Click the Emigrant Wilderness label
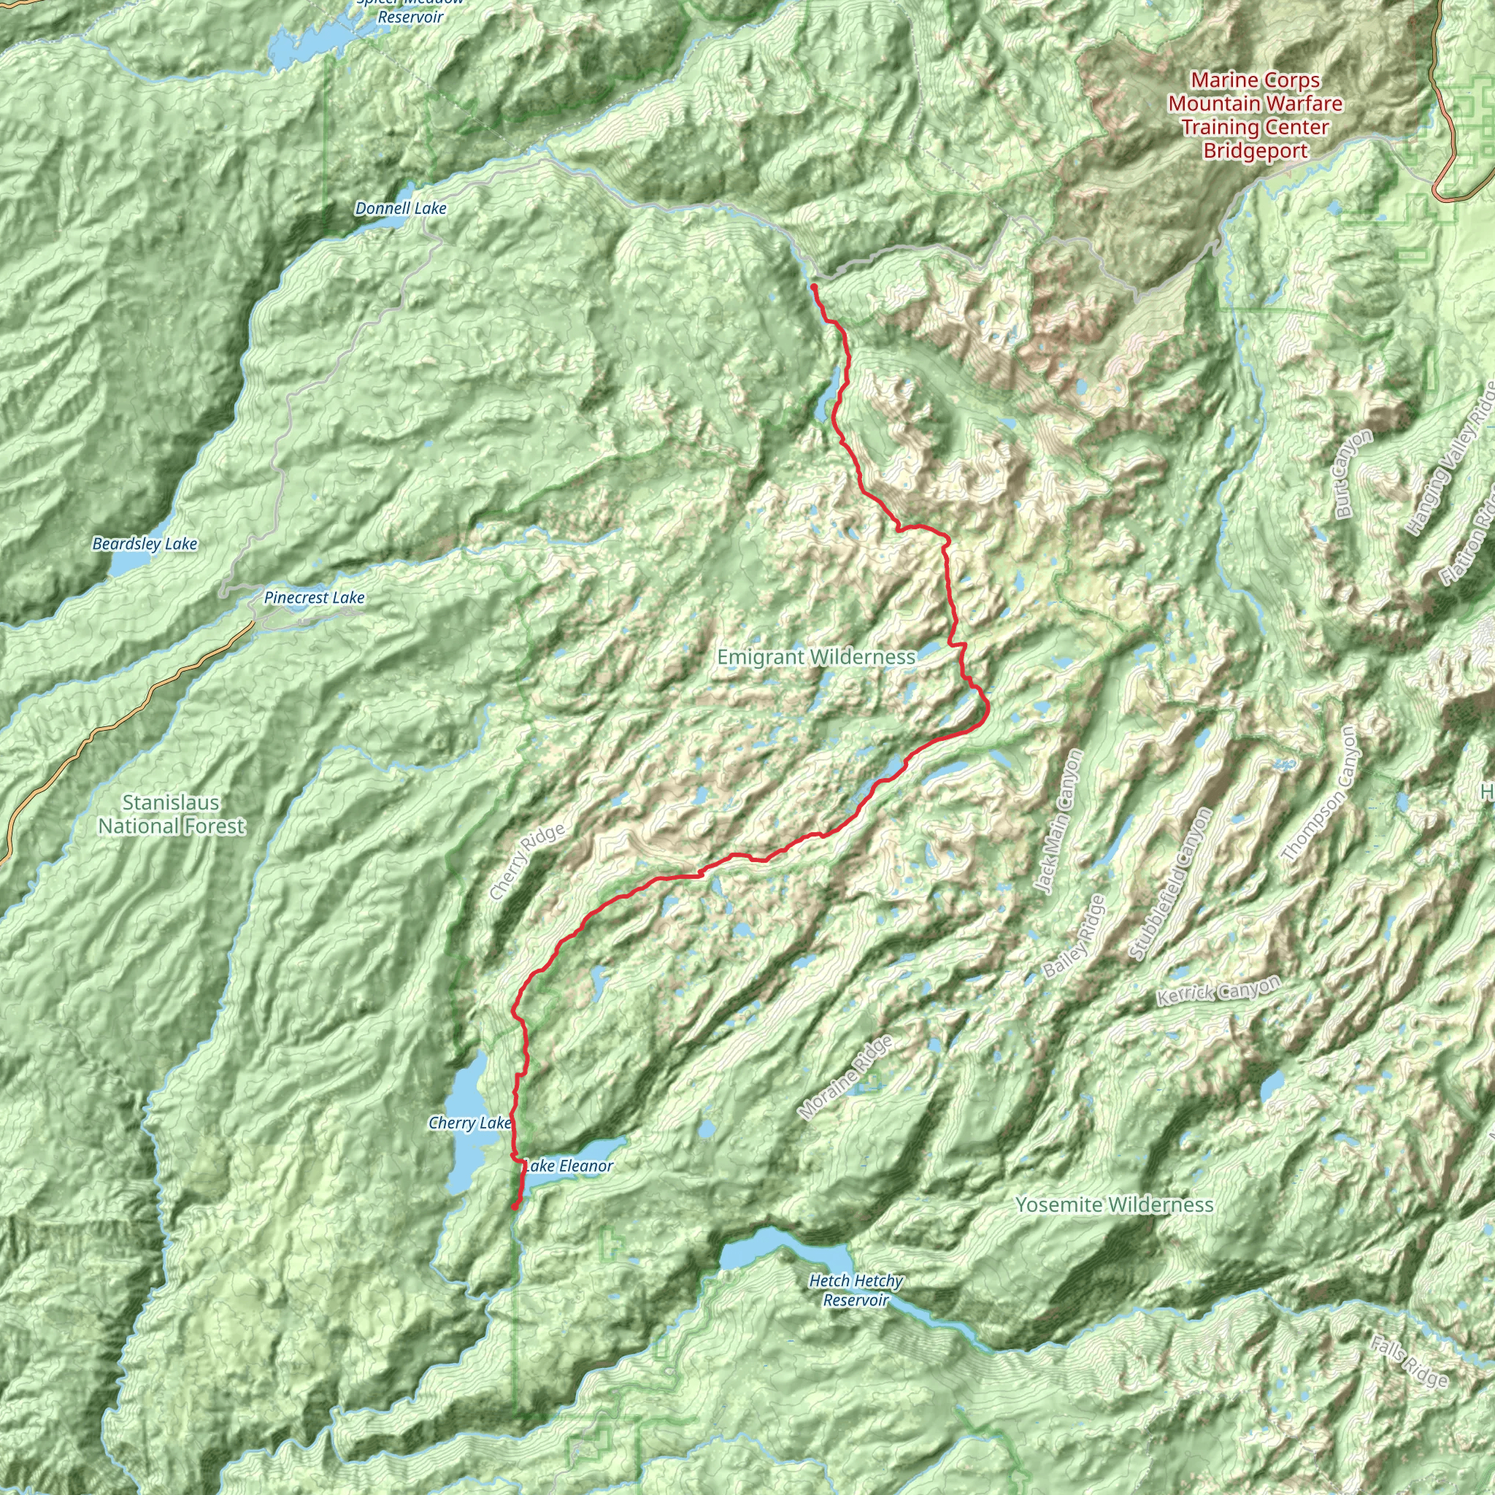click(816, 657)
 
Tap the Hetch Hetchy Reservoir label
click(856, 1290)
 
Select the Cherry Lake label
click(469, 1122)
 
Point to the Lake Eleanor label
click(569, 1165)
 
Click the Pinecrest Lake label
click(313, 597)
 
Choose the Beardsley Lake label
click(145, 544)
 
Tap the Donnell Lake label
click(401, 208)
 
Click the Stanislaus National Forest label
click(171, 814)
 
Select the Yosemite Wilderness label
click(1114, 1204)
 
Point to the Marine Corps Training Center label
click(1255, 115)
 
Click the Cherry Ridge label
click(528, 862)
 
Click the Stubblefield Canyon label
click(1170, 884)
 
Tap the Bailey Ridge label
click(1074, 937)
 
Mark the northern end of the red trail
click(814, 287)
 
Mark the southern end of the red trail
click(515, 1207)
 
